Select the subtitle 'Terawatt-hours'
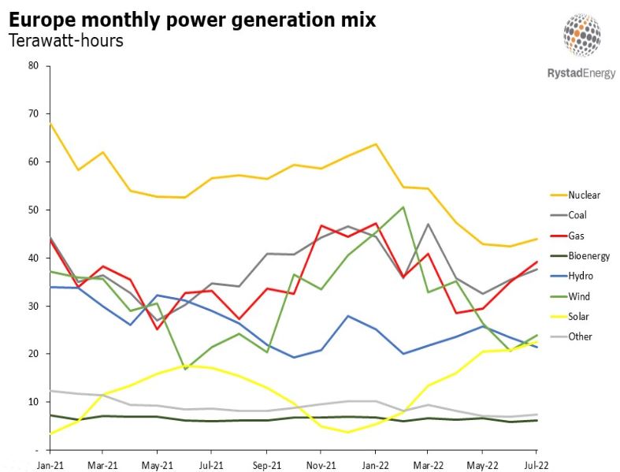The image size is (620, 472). point(66,41)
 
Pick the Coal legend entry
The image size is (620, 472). point(577,214)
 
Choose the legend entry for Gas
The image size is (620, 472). point(576,235)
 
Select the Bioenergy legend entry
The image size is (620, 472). point(588,255)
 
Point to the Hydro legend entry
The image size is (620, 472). point(580,276)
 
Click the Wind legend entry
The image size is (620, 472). point(578,296)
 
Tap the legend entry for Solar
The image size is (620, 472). point(578,317)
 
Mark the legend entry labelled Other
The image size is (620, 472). point(579,336)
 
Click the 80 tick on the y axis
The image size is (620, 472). point(33,65)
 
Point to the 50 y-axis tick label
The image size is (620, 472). point(33,210)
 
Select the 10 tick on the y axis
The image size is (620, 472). point(33,402)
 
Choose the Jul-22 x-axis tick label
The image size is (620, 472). point(535,464)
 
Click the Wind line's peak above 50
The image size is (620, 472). point(403,207)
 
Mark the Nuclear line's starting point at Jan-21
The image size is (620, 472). point(50,123)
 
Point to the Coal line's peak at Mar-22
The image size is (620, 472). point(428,224)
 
